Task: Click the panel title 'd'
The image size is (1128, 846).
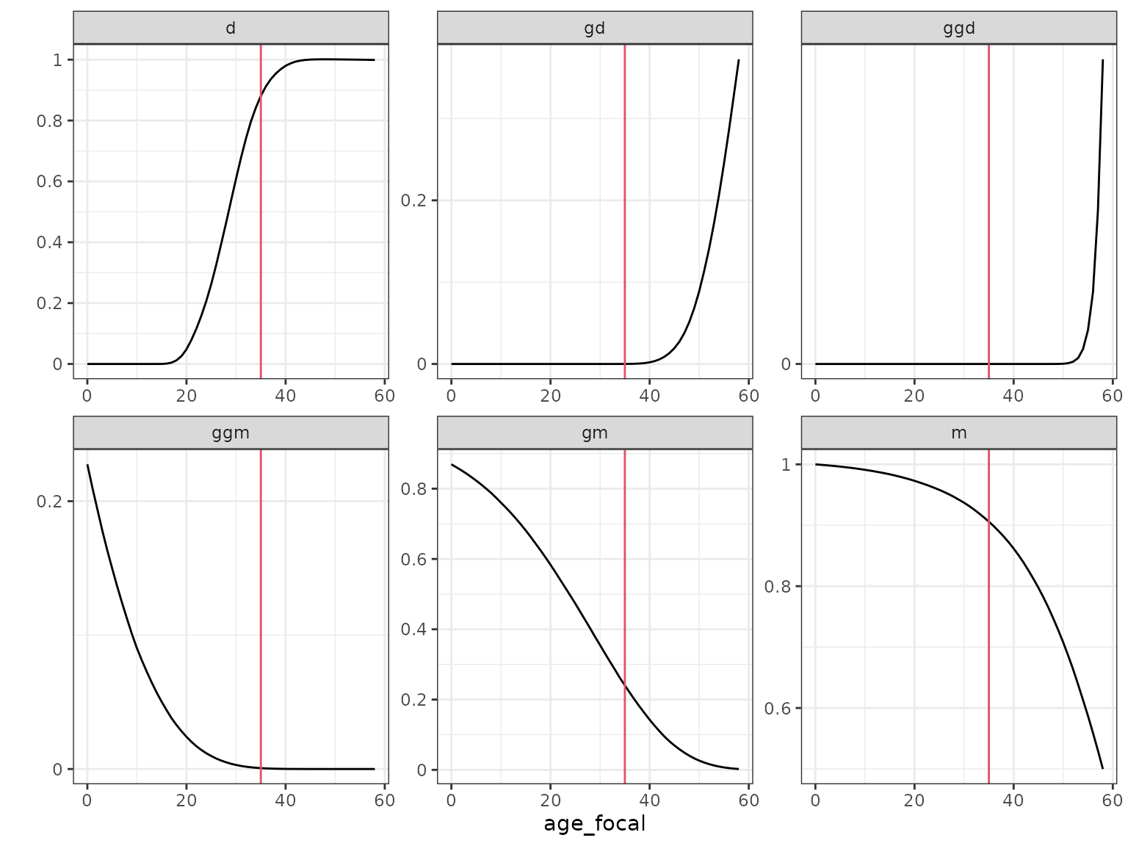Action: point(231,28)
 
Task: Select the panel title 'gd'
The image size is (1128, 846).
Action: point(594,28)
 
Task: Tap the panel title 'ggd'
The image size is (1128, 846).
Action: point(958,28)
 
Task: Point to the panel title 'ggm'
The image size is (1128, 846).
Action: point(231,433)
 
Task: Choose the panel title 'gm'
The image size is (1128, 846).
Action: point(594,433)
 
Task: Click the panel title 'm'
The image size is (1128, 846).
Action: point(958,433)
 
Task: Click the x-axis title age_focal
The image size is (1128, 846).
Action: point(594,824)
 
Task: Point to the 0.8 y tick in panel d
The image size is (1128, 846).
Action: point(50,120)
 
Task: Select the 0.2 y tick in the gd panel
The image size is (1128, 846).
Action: point(414,200)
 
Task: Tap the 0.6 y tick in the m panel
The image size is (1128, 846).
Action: point(778,709)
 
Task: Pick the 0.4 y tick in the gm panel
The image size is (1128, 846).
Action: point(414,629)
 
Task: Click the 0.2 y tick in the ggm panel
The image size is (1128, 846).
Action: point(50,502)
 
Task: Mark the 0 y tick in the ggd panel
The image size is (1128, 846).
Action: point(787,364)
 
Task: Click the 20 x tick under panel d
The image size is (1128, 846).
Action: point(187,396)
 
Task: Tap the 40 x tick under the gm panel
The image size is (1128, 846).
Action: point(649,800)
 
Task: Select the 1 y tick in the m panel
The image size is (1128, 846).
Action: point(787,465)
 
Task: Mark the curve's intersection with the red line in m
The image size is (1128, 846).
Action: point(988,521)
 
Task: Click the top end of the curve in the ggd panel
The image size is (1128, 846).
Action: point(1102,61)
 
